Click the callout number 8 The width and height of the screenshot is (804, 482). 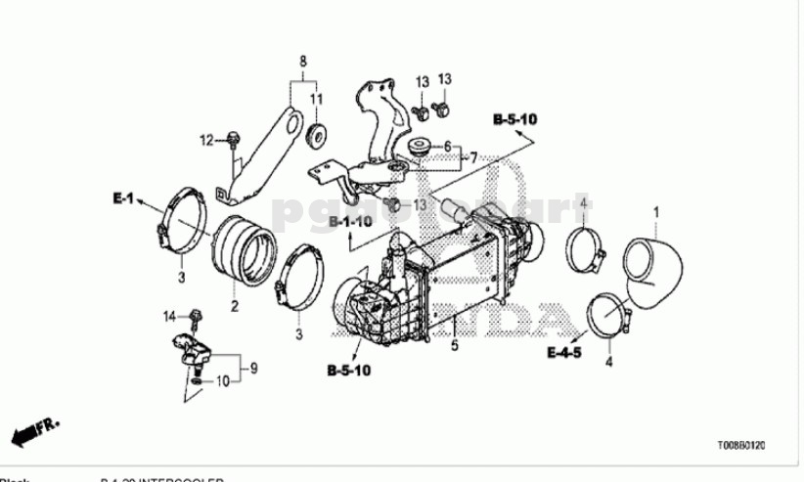[303, 61]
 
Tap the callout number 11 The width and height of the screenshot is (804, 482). [317, 99]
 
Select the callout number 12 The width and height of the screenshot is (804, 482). [207, 142]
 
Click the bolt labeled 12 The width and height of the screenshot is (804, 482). [232, 140]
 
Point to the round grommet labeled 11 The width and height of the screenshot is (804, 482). [318, 133]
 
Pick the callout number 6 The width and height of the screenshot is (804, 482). [447, 147]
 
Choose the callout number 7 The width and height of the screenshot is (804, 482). [472, 156]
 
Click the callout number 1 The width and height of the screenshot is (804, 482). [657, 211]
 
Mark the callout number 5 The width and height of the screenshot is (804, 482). [454, 346]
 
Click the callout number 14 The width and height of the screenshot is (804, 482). [167, 315]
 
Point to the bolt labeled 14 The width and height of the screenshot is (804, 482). [197, 316]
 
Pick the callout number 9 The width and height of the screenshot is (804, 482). [253, 369]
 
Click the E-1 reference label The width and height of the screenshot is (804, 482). [122, 198]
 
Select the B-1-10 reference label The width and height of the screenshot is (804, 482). [350, 223]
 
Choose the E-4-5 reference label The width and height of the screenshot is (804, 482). [565, 351]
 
